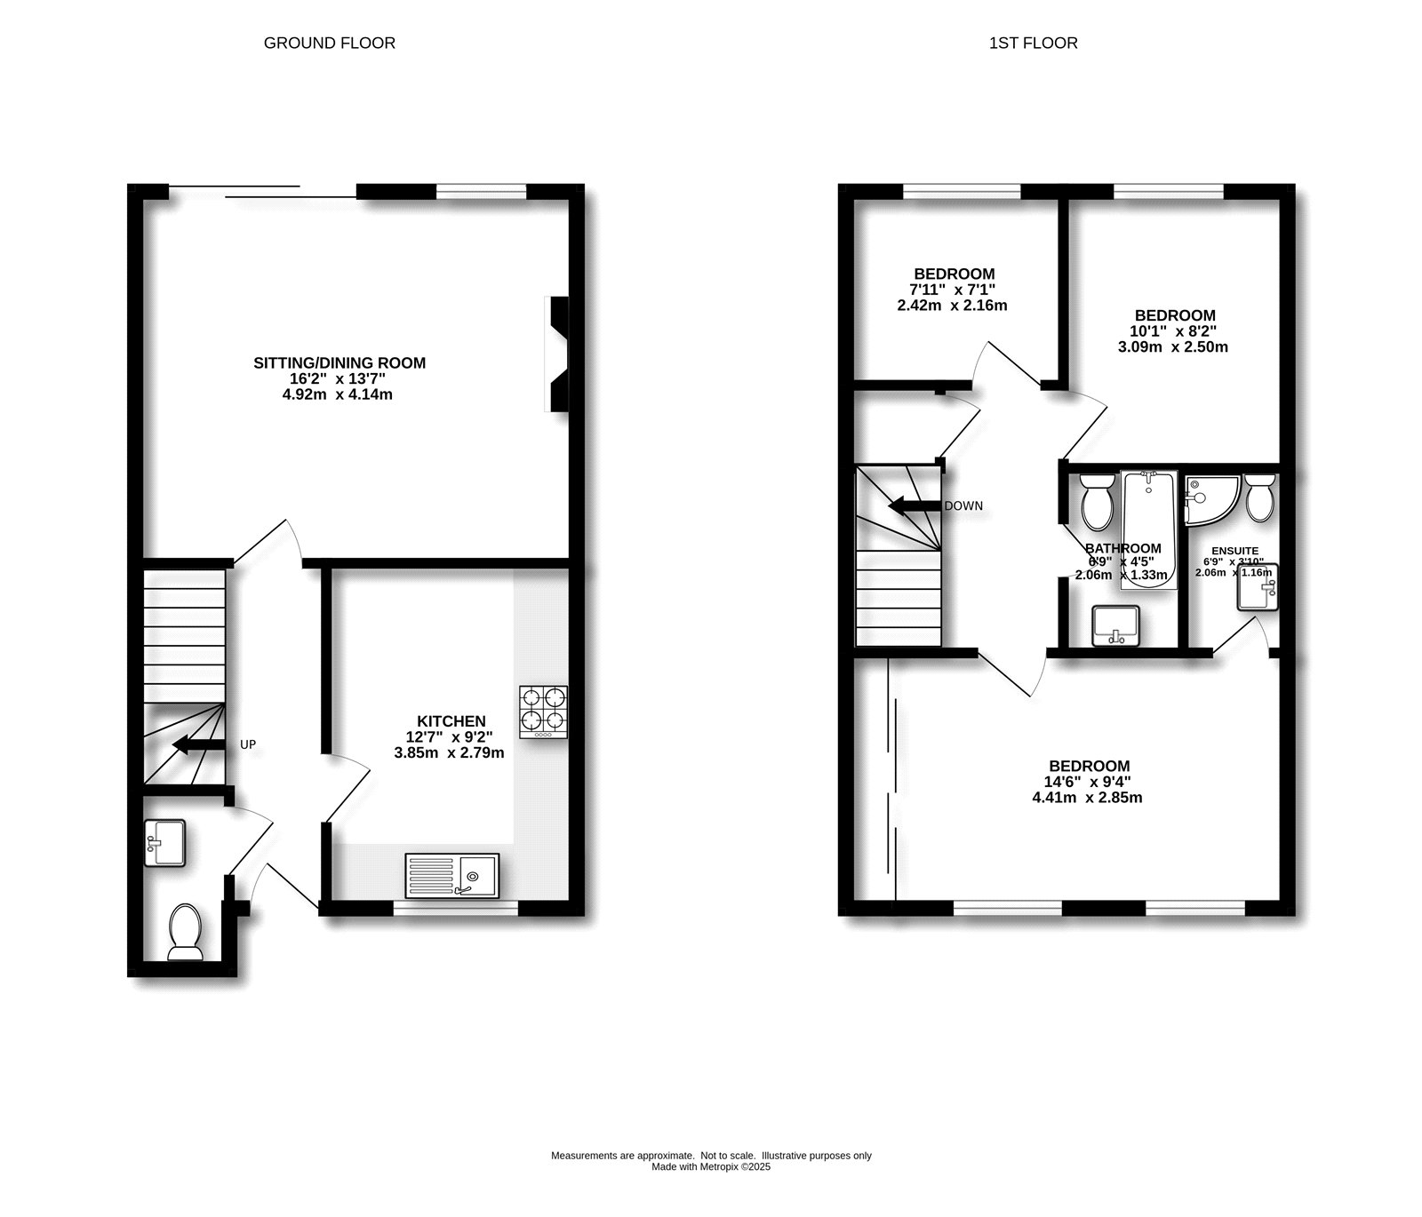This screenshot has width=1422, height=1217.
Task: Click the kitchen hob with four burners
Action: point(543,711)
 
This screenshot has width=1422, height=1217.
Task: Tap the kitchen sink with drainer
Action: point(452,874)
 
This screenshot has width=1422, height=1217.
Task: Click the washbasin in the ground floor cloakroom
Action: point(165,842)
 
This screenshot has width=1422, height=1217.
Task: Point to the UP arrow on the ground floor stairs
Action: point(197,744)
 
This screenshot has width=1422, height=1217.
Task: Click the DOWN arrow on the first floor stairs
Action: point(915,506)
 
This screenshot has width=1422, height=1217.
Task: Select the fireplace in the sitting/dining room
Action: point(558,354)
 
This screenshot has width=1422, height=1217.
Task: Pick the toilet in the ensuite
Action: point(1260,498)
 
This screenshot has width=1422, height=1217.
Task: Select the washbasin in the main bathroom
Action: point(1114,625)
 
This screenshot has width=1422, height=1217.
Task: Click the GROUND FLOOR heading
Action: point(329,43)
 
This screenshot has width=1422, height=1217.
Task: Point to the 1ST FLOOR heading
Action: point(1033,43)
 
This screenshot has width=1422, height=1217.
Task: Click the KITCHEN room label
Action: point(451,721)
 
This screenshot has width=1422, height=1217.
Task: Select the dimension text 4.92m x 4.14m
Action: point(337,394)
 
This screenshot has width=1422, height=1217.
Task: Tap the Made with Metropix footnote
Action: point(711,1167)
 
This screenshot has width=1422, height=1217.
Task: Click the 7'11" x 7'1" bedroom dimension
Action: point(952,290)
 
